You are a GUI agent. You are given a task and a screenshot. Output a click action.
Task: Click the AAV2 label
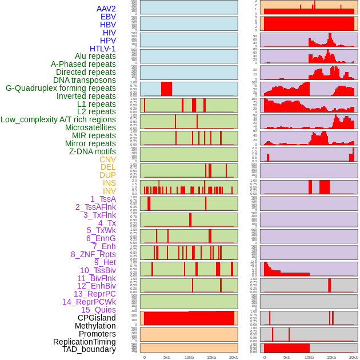[106, 9]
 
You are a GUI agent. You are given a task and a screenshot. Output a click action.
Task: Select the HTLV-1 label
[103, 49]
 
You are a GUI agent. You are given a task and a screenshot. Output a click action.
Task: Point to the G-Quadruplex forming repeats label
[61, 88]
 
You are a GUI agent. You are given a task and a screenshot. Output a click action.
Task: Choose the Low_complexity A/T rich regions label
[58, 119]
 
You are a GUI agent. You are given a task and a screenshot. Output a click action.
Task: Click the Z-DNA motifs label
[93, 151]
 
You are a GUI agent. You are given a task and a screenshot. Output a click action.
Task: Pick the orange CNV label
[107, 159]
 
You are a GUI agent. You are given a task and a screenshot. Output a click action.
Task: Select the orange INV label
[109, 191]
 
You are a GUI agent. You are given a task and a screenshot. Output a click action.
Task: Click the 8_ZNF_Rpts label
[93, 254]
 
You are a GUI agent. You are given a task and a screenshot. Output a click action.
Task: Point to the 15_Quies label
[98, 310]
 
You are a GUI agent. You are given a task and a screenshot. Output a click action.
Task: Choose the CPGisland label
[97, 318]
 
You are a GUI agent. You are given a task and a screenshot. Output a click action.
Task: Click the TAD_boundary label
[89, 349]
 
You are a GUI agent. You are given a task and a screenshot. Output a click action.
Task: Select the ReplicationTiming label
[85, 342]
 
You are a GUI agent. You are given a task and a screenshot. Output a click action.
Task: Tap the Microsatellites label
[90, 127]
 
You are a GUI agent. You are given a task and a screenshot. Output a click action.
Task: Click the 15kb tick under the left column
[211, 357]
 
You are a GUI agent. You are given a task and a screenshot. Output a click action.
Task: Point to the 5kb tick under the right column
[286, 357]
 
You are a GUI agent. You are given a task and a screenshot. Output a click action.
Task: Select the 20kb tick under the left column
[233, 357]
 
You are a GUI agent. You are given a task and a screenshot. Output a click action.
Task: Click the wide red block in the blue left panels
[166, 89]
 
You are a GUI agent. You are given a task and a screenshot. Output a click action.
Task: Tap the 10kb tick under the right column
[309, 357]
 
